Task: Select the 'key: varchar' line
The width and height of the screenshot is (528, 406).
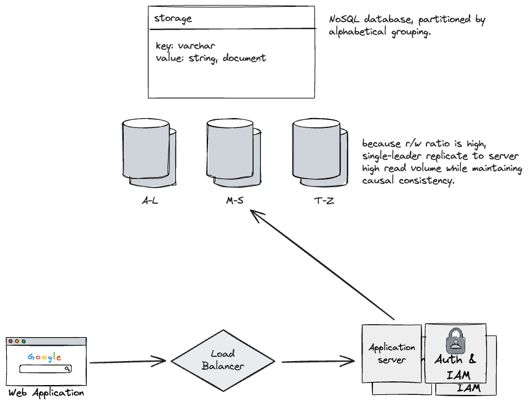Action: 185,46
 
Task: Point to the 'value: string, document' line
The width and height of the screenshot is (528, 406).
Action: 210,58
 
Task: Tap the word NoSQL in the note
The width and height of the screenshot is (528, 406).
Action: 343,20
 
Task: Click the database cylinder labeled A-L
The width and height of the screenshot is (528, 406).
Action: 148,154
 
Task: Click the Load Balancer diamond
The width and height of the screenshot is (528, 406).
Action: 222,360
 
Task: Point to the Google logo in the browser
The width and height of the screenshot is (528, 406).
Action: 45,357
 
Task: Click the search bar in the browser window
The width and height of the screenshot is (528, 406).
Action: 45,369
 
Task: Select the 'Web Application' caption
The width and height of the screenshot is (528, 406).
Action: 46,393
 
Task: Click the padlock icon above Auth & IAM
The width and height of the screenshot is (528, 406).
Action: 455,339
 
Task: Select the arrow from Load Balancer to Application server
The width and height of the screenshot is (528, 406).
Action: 318,360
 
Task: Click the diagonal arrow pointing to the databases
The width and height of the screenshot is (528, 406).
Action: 323,265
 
